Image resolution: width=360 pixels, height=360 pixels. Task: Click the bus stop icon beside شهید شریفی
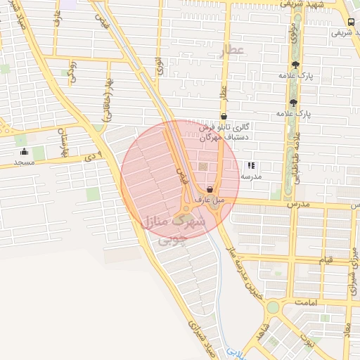click(x=352, y=20)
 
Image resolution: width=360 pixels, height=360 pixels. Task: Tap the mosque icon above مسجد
click(x=25, y=152)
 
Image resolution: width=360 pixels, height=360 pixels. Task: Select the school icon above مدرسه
click(x=251, y=166)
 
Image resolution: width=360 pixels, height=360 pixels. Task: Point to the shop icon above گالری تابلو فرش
click(x=224, y=117)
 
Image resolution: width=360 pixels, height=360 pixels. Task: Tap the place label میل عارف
click(x=210, y=200)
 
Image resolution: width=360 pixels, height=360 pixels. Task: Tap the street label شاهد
click(x=261, y=333)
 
